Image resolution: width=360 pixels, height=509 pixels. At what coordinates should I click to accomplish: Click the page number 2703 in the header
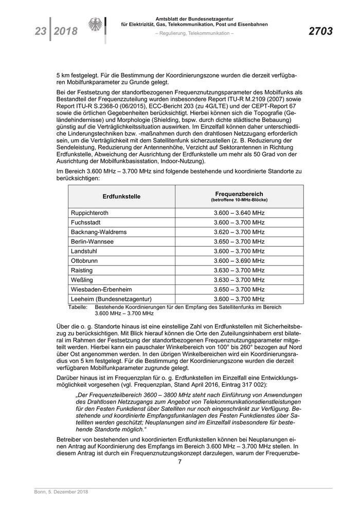[x=320, y=32]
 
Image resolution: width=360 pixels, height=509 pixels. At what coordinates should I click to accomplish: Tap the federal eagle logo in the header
[x=95, y=26]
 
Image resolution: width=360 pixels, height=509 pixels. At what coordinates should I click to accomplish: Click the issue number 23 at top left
[x=40, y=32]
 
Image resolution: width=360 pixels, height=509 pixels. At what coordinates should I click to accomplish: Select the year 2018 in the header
[x=65, y=32]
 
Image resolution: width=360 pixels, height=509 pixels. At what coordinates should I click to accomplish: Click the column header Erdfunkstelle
[x=121, y=196]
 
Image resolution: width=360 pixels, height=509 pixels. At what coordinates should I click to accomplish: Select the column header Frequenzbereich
[x=239, y=194]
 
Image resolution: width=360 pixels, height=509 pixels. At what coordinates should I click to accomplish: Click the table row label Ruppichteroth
[x=89, y=213]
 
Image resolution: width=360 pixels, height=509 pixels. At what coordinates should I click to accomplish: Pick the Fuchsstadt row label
[x=86, y=223]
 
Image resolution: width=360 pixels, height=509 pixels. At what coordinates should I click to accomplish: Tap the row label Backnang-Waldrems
[x=99, y=232]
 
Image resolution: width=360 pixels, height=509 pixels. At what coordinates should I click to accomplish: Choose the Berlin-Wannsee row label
[x=93, y=242]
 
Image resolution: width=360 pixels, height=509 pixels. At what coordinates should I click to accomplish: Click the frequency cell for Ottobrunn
[x=239, y=261]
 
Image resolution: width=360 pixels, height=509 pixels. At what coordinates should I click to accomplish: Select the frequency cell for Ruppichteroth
[x=239, y=213]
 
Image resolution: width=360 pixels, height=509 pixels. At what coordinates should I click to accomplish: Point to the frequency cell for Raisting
[x=239, y=270]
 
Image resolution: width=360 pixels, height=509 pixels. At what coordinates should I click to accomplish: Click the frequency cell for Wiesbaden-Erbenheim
[x=239, y=289]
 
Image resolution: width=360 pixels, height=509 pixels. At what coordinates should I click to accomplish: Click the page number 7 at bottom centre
[x=180, y=461]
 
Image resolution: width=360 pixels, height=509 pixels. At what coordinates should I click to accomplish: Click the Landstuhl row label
[x=85, y=251]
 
